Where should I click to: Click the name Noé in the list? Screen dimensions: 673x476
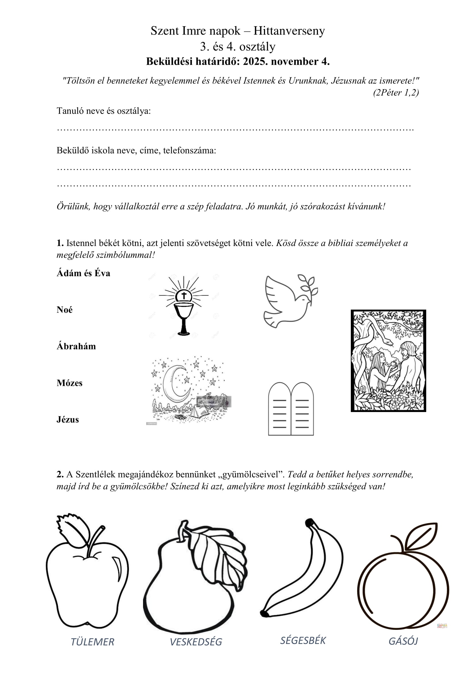[64, 310]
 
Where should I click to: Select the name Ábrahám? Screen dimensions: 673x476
[76, 346]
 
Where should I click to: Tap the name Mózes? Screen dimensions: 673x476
[69, 383]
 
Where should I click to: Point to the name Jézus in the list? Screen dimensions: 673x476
[68, 420]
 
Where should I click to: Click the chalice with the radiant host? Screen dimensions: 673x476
[184, 306]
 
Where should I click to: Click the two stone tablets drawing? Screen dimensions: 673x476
[291, 409]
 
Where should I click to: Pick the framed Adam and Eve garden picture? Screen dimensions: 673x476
[388, 361]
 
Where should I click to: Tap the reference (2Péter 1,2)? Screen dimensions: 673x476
[396, 93]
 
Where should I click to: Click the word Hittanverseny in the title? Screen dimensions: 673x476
[289, 31]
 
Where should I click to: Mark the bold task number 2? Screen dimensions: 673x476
[60, 474]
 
